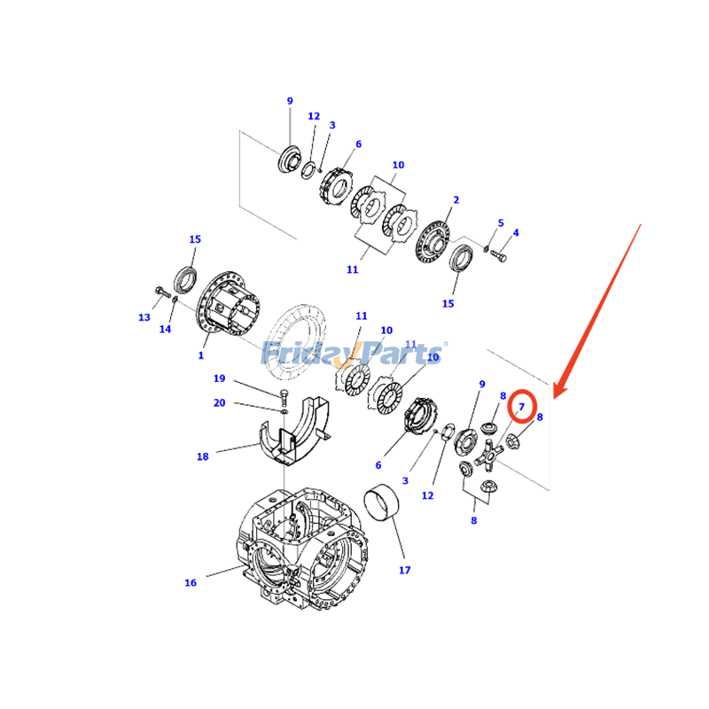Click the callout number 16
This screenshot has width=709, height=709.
pos(191,582)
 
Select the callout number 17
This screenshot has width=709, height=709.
pos(404,570)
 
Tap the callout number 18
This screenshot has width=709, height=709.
pos(202,456)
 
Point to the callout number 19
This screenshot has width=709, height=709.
pos(219,378)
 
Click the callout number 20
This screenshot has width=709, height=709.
pos(219,402)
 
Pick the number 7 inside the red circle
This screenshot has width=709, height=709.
pos(522,407)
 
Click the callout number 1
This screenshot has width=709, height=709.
pos(201,355)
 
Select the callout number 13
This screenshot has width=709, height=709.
pos(144,317)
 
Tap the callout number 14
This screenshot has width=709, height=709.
pos(165,329)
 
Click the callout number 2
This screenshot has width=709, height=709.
pos(456,200)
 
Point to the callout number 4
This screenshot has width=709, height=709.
pos(516,233)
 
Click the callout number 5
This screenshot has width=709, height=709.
pos(500,223)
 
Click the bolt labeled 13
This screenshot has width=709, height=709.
pos(162,292)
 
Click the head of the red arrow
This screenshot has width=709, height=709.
pos(556,393)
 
